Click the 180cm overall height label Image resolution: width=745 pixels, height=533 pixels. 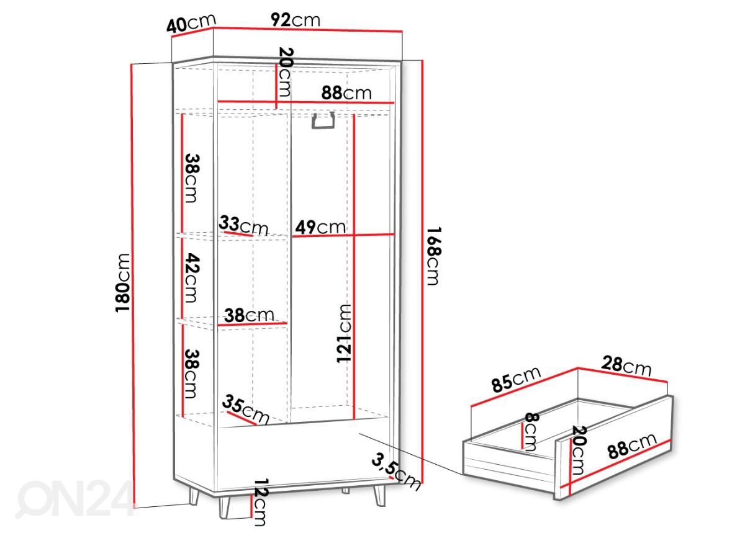(x=122, y=282)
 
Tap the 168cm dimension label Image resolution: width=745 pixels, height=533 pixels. (x=434, y=256)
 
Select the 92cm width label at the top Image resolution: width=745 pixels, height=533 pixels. (x=296, y=20)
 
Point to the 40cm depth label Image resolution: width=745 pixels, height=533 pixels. (x=191, y=24)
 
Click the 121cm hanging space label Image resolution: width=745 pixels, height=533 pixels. (x=344, y=333)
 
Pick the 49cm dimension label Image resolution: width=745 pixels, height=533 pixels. (x=320, y=228)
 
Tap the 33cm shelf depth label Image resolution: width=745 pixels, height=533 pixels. (x=243, y=225)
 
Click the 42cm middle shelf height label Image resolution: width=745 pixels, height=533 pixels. (x=192, y=277)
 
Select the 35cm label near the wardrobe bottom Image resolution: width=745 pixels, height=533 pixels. (x=245, y=410)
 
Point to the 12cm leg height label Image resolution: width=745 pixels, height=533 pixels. (x=260, y=502)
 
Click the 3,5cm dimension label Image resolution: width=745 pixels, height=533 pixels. (x=396, y=472)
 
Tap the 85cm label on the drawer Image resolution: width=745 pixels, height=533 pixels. (x=516, y=379)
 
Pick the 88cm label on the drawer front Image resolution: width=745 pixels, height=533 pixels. (x=632, y=447)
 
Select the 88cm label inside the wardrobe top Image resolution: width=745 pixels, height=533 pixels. (x=346, y=93)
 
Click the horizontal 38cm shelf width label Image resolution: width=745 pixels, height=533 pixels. (x=249, y=315)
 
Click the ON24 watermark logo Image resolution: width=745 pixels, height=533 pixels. (x=74, y=499)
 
